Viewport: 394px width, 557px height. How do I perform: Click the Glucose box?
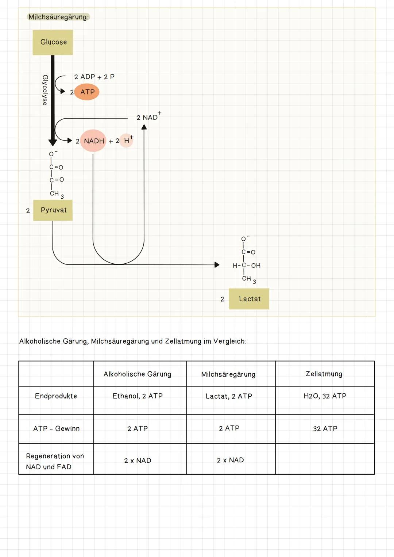coord(53,42)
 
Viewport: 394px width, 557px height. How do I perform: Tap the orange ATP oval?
coord(87,92)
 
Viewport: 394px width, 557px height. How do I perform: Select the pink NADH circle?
coord(93,141)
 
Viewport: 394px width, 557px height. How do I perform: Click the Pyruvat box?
coord(53,210)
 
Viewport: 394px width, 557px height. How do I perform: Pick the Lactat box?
coord(249,299)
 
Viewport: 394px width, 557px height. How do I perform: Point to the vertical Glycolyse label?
coord(45,90)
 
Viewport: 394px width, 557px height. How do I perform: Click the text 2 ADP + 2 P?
coord(94,77)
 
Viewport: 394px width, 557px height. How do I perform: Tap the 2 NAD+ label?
coord(148,117)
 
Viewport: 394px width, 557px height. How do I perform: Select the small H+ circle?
coord(127,141)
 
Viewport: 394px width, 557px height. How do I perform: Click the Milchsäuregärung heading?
coord(58,17)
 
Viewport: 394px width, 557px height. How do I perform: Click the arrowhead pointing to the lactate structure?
coord(217,265)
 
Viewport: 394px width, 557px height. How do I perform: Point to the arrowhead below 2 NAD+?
coord(144,127)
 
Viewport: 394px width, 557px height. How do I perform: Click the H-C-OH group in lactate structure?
coord(247,266)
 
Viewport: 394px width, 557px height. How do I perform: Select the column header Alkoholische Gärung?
coord(137,374)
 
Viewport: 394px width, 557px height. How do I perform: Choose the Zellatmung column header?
coord(324,374)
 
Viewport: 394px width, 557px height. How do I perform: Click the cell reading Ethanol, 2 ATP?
coord(138,396)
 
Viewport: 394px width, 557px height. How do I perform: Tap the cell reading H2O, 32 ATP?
coord(325,396)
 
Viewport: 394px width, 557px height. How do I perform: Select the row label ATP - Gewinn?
coord(56,429)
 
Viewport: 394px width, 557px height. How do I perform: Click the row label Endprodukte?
coord(56,396)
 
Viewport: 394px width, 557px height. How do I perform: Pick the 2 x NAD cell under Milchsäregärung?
coord(230,460)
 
